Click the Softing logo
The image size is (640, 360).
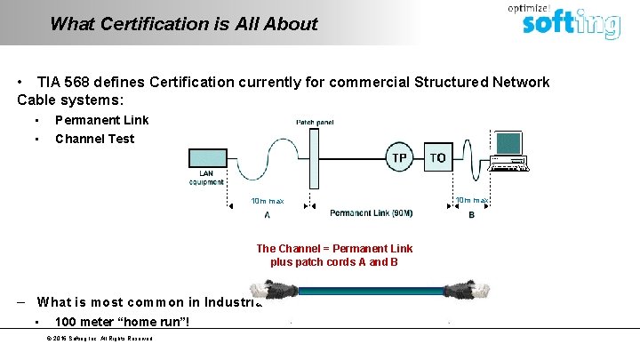[570, 22]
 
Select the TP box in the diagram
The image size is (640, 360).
[400, 157]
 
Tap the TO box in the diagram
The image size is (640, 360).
[437, 157]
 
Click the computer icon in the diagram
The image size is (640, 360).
[509, 151]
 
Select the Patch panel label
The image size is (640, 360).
[315, 122]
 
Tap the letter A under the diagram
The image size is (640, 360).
[268, 214]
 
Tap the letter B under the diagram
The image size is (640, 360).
[471, 214]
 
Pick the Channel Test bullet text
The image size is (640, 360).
[94, 139]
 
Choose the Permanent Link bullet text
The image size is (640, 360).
[101, 120]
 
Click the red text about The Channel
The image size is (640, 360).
[334, 255]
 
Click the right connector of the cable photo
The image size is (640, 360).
[460, 290]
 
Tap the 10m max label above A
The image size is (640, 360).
[268, 200]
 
